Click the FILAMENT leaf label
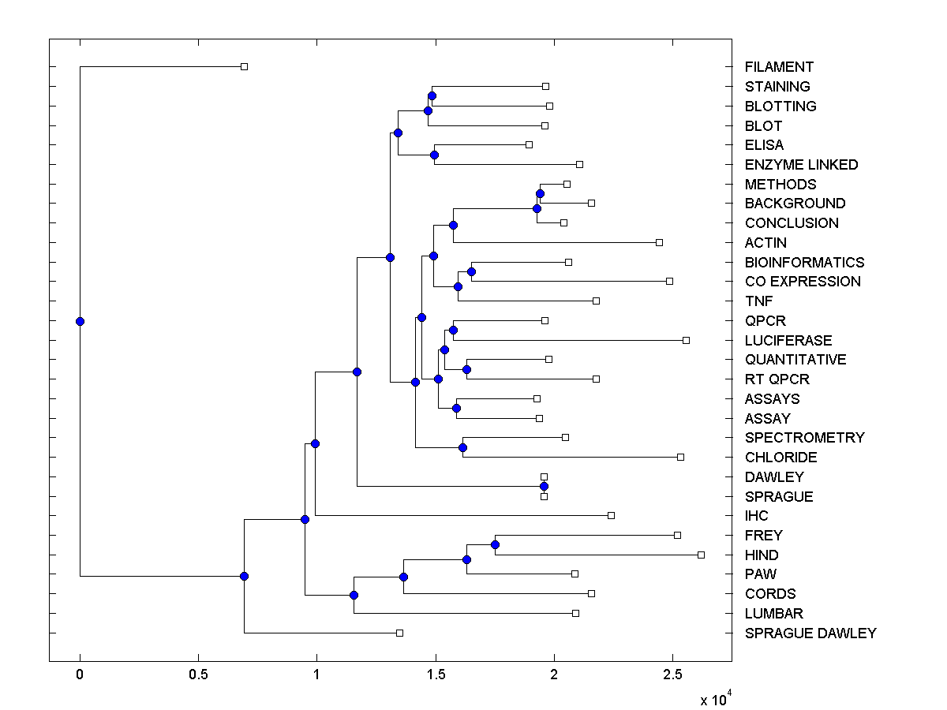click(x=779, y=67)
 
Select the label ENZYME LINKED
click(x=801, y=165)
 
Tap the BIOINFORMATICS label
click(x=804, y=262)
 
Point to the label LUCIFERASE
click(x=788, y=340)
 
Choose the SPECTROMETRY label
click(x=804, y=437)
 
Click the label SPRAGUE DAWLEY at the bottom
click(x=810, y=633)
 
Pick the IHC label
click(x=756, y=516)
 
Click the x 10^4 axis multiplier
click(x=716, y=699)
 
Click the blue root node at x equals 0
click(x=80, y=321)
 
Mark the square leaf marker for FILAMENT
click(x=244, y=66)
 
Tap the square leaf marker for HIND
click(x=701, y=555)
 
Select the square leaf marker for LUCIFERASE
click(x=686, y=340)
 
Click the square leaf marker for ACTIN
click(x=659, y=242)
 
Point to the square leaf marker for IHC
click(x=611, y=515)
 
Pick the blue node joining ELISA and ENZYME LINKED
click(x=434, y=155)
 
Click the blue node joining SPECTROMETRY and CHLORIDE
click(x=462, y=447)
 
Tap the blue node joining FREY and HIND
click(x=495, y=544)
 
